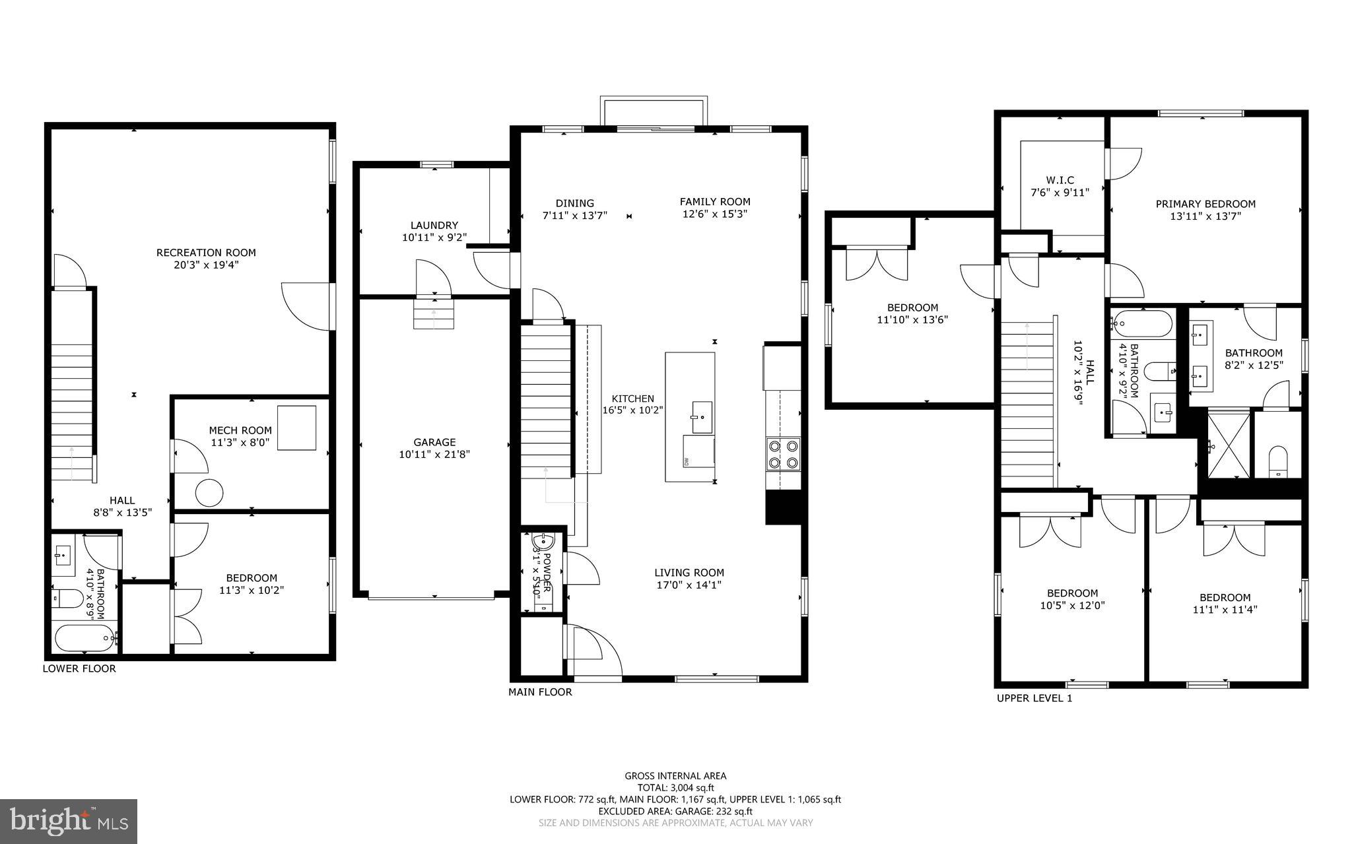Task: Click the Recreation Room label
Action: pos(206,253)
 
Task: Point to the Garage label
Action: pos(434,442)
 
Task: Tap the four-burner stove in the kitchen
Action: pos(783,454)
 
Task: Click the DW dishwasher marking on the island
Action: pos(687,461)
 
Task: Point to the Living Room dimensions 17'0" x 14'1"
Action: pos(689,585)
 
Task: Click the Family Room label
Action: pos(715,202)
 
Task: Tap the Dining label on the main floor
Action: pos(574,203)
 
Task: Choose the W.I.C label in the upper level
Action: pos(1060,180)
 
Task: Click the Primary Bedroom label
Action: pos(1205,204)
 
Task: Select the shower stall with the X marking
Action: pos(1228,445)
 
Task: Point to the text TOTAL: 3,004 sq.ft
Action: pos(675,787)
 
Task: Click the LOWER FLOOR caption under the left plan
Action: pos(79,668)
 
